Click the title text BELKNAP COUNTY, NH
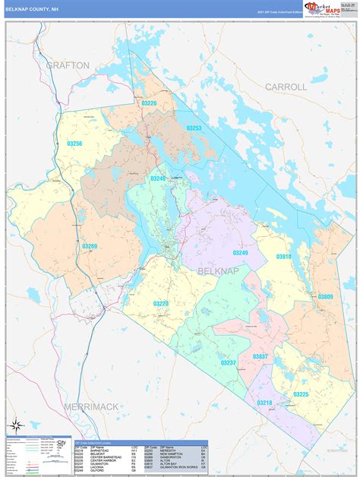click(35, 9)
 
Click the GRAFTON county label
click(68, 65)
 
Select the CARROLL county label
click(286, 87)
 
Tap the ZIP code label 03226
click(149, 103)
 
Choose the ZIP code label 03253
click(195, 128)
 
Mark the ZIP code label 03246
click(157, 178)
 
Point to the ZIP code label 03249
click(240, 253)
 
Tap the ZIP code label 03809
click(325, 296)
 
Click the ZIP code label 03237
click(228, 362)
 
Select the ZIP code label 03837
click(260, 356)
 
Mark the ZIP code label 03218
click(264, 403)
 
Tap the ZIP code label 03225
click(301, 394)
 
